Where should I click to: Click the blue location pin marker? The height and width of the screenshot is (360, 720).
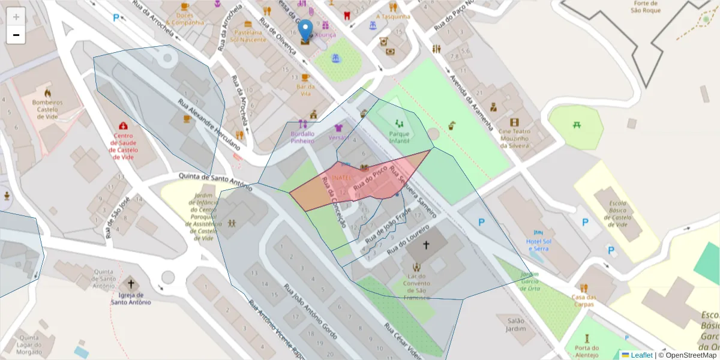point(305,30)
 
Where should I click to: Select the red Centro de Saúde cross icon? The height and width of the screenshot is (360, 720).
point(123,126)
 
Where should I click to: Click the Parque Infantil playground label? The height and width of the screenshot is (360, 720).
point(398,137)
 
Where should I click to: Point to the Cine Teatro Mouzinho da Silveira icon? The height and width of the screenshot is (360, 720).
point(514,122)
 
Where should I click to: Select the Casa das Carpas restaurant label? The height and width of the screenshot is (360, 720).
point(584,301)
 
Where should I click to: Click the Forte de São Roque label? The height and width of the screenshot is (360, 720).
point(646,7)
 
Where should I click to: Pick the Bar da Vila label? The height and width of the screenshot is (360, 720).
point(305,90)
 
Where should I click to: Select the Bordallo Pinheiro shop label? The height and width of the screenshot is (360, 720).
point(302,137)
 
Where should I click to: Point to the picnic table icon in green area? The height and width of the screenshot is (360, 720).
point(576,124)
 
